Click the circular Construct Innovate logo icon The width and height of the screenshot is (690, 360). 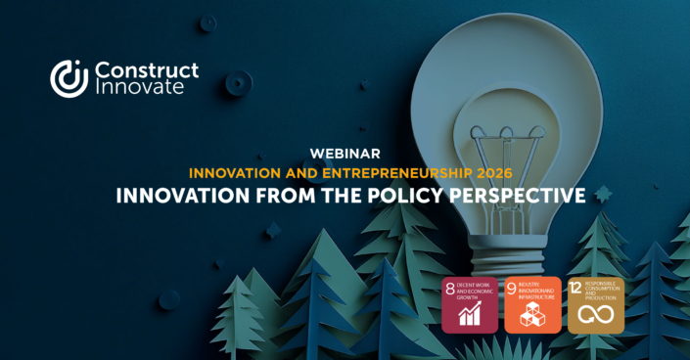tap(69, 78)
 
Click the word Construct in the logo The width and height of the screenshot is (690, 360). tap(146, 69)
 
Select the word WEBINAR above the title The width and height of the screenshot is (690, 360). tap(345, 154)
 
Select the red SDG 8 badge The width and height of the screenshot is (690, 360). tap(470, 305)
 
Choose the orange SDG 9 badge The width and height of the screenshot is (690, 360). tap(532, 305)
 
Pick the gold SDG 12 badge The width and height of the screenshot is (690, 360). tap(595, 305)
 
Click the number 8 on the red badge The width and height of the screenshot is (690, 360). tap(450, 289)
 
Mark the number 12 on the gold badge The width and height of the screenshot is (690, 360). tap(576, 289)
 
